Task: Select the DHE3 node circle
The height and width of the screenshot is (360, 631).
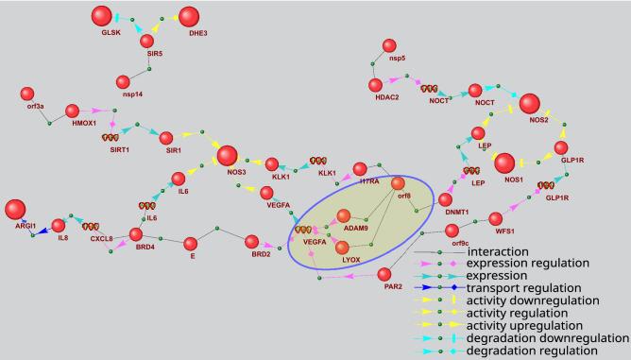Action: click(189, 17)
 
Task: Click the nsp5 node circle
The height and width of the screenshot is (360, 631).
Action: click(388, 45)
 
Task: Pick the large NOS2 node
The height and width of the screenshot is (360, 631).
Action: click(529, 104)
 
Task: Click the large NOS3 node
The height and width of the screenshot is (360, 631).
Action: click(227, 156)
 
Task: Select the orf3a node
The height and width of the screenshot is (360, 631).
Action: click(27, 94)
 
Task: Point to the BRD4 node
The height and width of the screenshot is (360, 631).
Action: click(135, 233)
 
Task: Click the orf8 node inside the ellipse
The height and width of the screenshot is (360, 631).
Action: click(398, 183)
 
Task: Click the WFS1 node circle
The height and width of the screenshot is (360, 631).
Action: click(499, 219)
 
